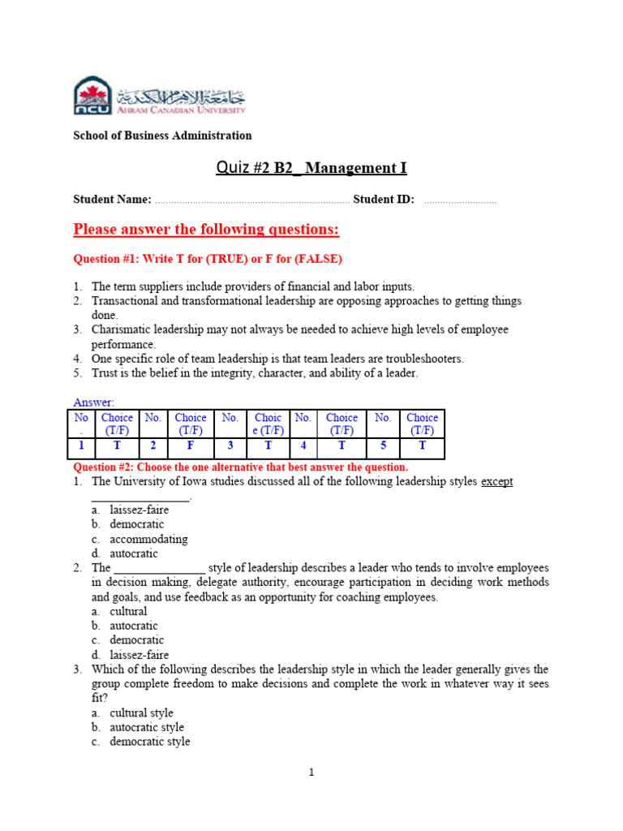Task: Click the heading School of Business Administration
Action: pos(162,136)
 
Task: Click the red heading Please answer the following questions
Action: pos(206,230)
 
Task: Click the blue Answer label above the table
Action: pos(94,403)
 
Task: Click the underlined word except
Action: pos(496,481)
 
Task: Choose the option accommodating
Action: pos(148,539)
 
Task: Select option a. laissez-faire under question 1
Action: pos(142,510)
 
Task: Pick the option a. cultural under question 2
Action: pos(128,611)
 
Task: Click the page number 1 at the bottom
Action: pos(311,773)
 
